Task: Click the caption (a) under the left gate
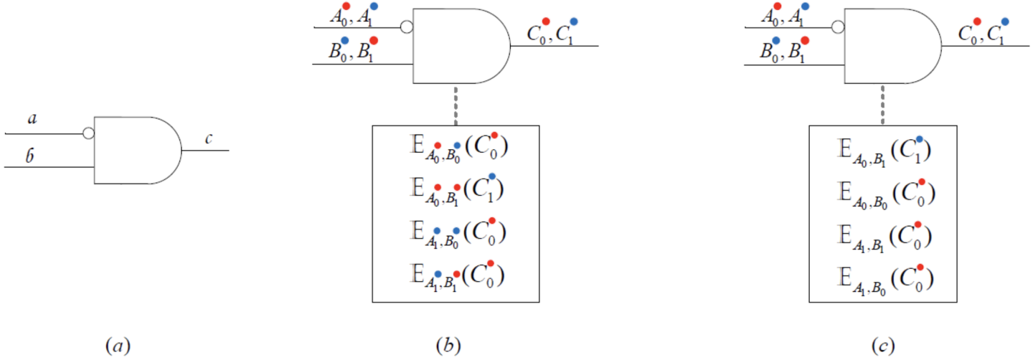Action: (x=118, y=346)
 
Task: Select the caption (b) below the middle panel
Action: (x=448, y=346)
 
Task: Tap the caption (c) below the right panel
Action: (x=882, y=346)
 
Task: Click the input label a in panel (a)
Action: (x=32, y=119)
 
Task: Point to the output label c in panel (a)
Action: (x=209, y=138)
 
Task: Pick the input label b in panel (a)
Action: (x=29, y=156)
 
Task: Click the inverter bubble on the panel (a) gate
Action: (x=88, y=133)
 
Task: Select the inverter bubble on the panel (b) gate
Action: (x=407, y=27)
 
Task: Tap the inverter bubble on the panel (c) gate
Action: (x=838, y=27)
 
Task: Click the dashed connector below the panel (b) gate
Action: (x=456, y=105)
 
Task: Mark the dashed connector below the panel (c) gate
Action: (x=882, y=105)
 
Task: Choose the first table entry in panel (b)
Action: (x=459, y=148)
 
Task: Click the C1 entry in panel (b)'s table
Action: (x=457, y=189)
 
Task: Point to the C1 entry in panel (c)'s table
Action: (x=885, y=151)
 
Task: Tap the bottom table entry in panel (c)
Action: (x=885, y=280)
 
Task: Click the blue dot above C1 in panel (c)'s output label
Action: (x=1005, y=22)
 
